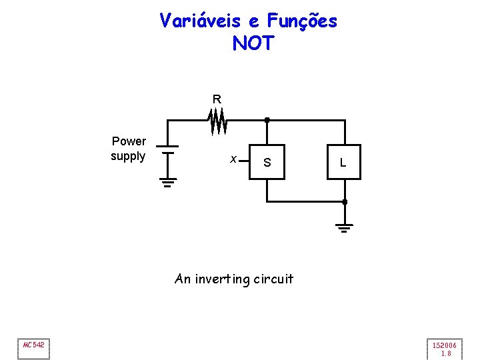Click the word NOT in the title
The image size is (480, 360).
tap(253, 43)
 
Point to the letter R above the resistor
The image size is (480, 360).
tap(217, 99)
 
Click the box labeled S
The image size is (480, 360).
tap(267, 162)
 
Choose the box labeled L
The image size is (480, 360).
tap(343, 162)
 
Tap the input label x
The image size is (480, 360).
tap(233, 159)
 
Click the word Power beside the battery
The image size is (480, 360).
tap(129, 141)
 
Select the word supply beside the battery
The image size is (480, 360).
tap(128, 156)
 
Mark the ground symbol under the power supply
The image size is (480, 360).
tap(167, 182)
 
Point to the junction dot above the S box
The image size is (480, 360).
tap(267, 120)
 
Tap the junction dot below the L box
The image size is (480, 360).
tap(344, 201)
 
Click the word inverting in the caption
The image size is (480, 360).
tap(223, 279)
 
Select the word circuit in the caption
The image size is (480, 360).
tap(273, 279)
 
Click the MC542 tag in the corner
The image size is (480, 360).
tap(33, 345)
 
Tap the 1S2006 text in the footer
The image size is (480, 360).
tap(445, 345)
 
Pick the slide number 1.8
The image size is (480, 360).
tap(446, 353)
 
